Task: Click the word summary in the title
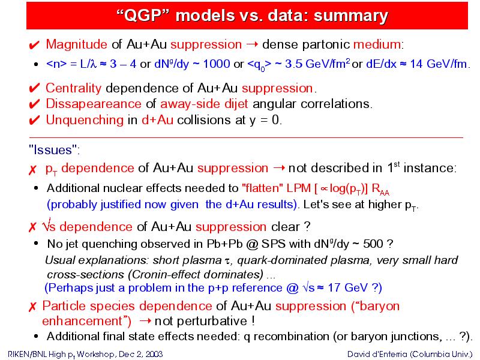pos(351,16)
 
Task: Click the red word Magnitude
pos(77,44)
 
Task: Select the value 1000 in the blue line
pos(217,64)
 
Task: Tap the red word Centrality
pos(73,88)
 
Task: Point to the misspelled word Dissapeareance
pos(94,104)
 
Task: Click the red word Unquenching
pos(85,119)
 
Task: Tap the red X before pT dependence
pos(32,170)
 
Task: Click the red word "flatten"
pos(263,188)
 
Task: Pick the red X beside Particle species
pos(32,307)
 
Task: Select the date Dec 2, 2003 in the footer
pos(141,354)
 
